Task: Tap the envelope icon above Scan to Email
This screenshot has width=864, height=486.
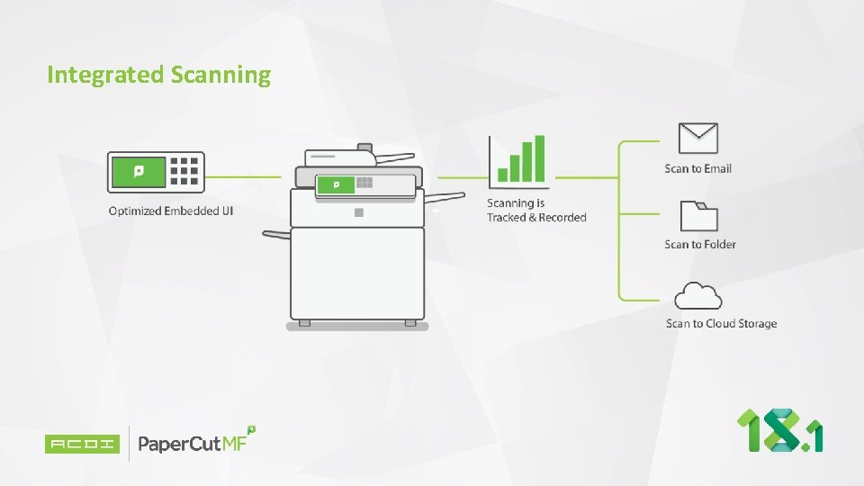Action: (x=698, y=139)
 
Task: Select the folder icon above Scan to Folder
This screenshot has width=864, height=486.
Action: (x=699, y=217)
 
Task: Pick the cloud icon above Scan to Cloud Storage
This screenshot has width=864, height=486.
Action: (x=698, y=295)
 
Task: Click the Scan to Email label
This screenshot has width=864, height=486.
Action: (x=697, y=168)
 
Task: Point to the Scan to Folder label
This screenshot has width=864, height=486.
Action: (x=700, y=244)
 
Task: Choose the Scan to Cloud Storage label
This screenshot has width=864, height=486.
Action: (x=721, y=323)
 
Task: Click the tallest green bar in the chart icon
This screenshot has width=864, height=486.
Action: (x=539, y=158)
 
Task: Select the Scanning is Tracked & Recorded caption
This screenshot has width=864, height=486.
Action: (x=536, y=211)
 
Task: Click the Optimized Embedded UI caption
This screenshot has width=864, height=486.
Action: (x=171, y=211)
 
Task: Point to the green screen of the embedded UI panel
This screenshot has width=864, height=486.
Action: (x=138, y=171)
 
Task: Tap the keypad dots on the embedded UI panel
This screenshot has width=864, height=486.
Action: (x=184, y=171)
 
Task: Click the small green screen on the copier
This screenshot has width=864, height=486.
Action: (x=337, y=185)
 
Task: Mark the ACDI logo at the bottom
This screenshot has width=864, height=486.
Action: (x=82, y=444)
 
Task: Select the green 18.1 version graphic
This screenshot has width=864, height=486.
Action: (x=780, y=430)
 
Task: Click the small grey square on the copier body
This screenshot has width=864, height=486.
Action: (x=358, y=213)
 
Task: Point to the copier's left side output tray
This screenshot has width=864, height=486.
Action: (x=275, y=235)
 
